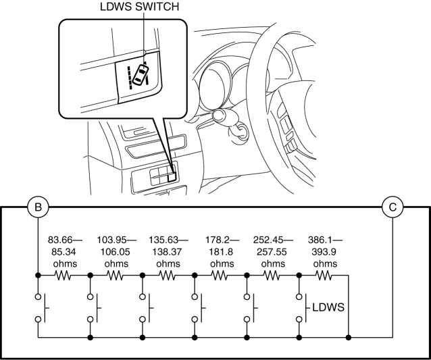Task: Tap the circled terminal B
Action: tap(39, 207)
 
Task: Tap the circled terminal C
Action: tap(392, 207)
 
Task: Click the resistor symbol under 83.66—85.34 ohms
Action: tap(64, 276)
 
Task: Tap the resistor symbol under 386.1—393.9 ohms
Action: tap(324, 276)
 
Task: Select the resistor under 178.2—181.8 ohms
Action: tap(220, 276)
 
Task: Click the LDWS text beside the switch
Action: tap(328, 308)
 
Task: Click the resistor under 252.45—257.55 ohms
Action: tap(272, 276)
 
